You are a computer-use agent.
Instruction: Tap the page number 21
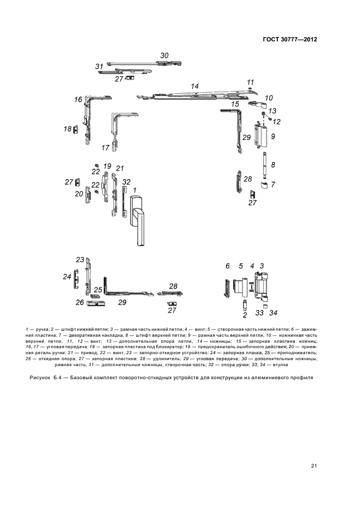(x=314, y=465)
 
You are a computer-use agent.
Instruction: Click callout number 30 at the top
(x=164, y=56)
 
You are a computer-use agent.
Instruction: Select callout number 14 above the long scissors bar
(x=194, y=86)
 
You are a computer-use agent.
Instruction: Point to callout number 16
(x=78, y=100)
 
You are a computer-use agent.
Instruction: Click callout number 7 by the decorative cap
(x=273, y=185)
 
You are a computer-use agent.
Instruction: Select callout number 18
(x=68, y=129)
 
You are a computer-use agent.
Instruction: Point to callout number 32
(x=126, y=181)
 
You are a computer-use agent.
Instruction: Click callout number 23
(x=80, y=259)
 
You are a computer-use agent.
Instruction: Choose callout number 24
(x=67, y=277)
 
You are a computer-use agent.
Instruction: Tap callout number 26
(x=80, y=302)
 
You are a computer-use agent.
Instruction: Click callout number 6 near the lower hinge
(x=228, y=266)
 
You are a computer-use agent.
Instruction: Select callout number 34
(x=273, y=313)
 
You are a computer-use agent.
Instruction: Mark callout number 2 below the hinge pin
(x=245, y=315)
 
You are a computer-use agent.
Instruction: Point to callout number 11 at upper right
(x=251, y=82)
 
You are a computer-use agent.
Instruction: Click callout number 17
(x=106, y=148)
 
